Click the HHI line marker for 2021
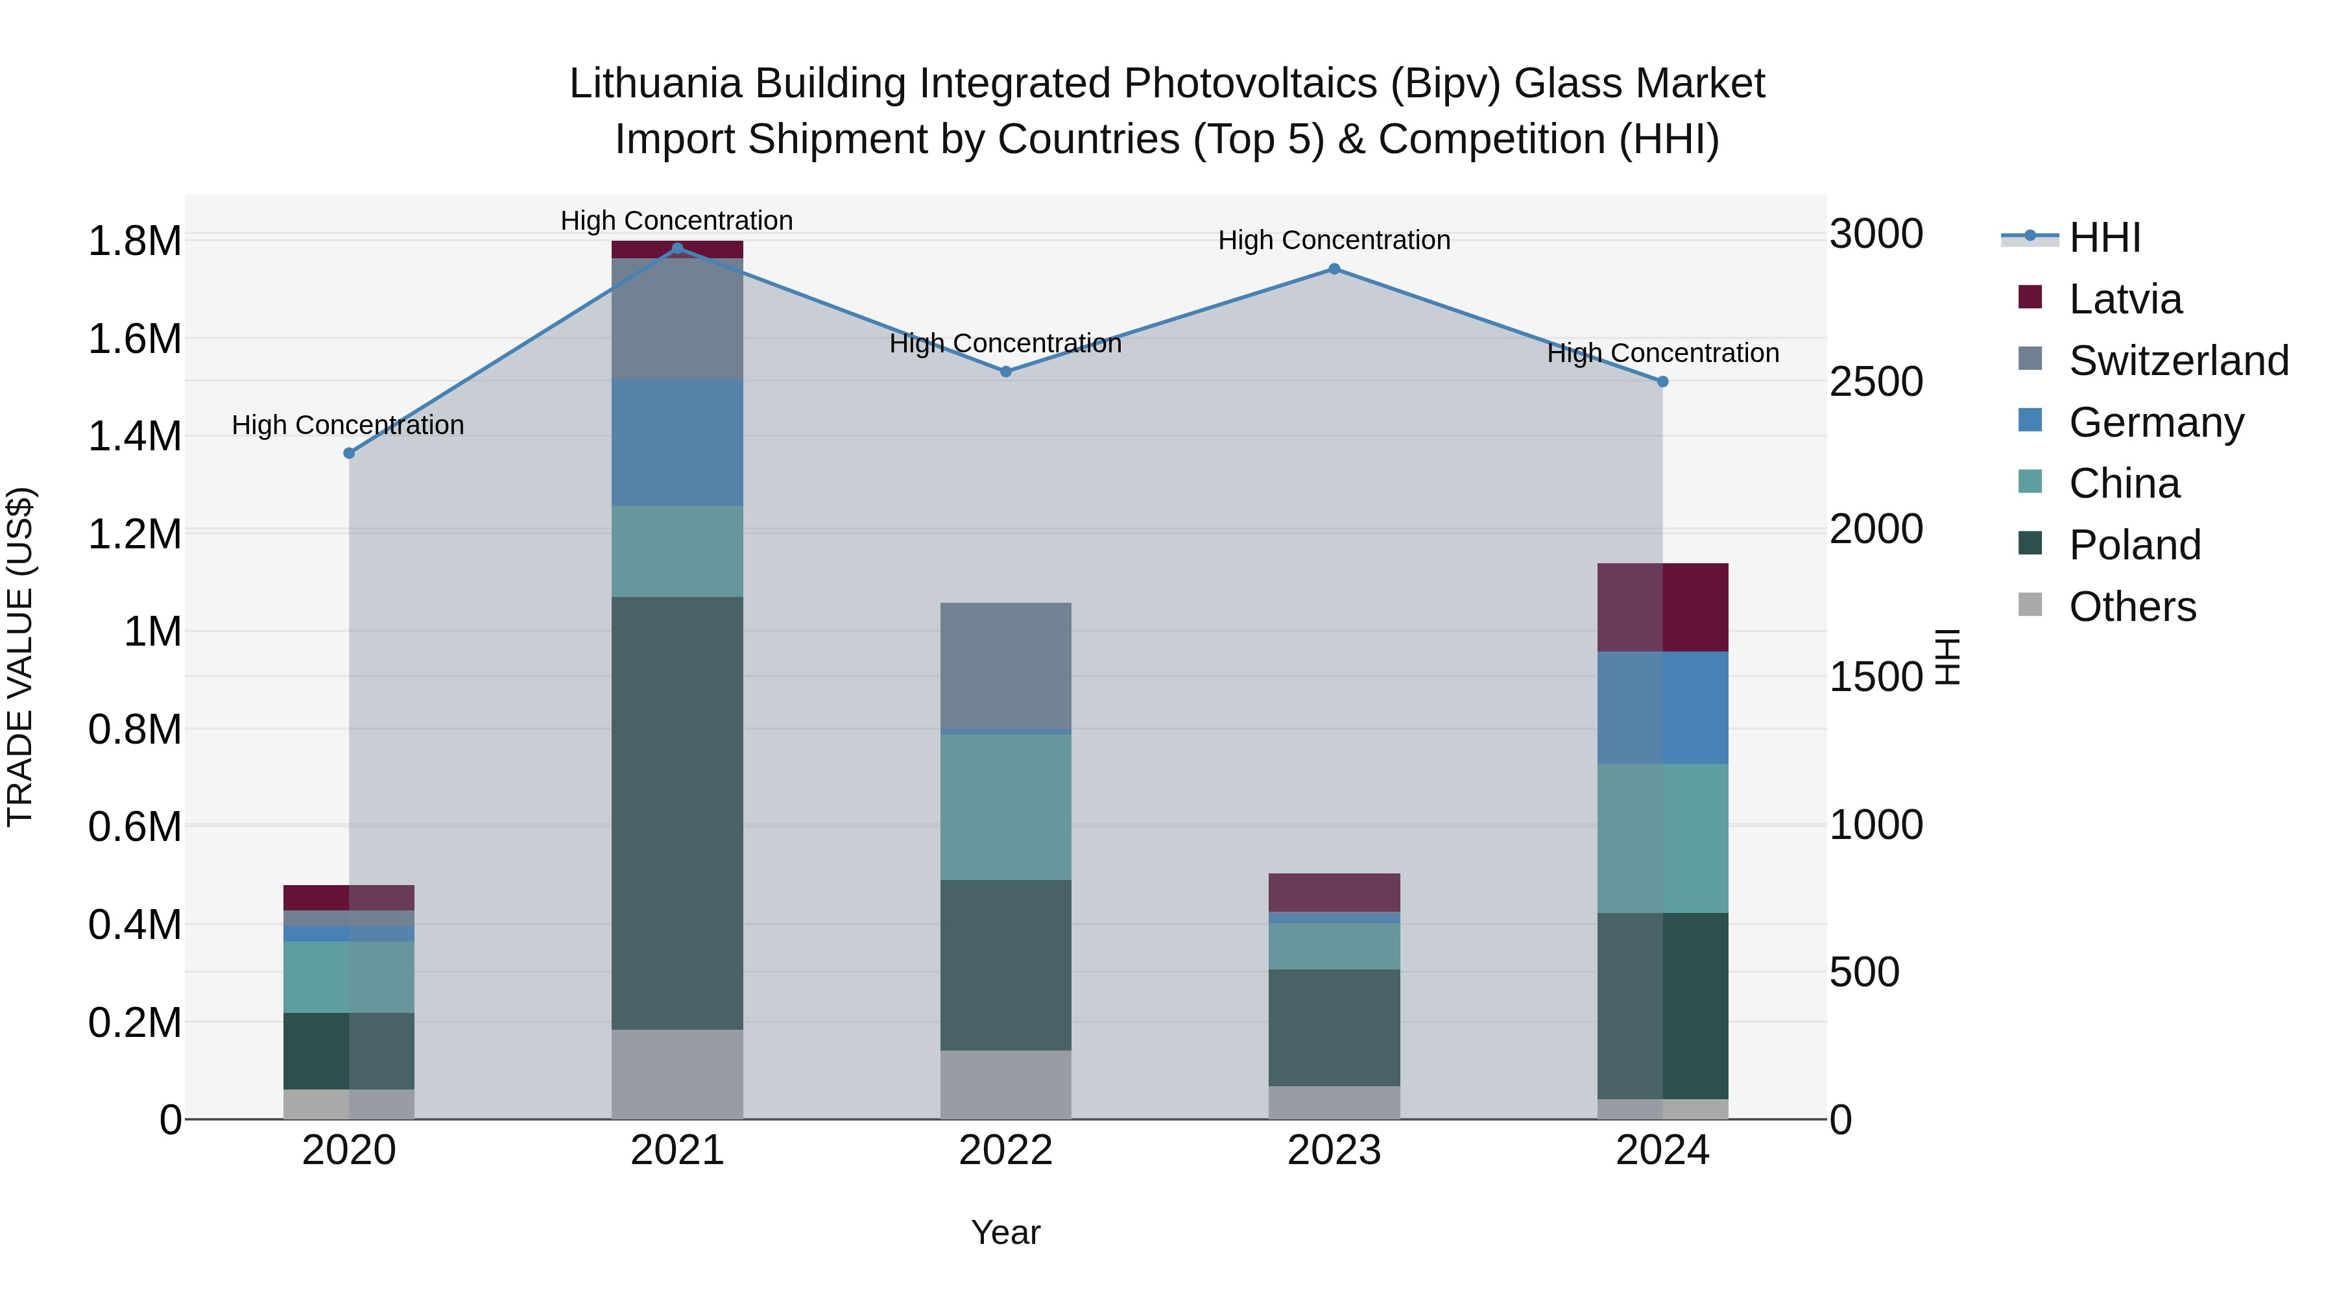(x=677, y=249)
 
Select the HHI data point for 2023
(x=1334, y=269)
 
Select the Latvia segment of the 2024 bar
(x=1662, y=607)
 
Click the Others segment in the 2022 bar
(x=1005, y=1084)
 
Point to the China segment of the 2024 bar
(x=1662, y=837)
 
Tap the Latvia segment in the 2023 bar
(x=1334, y=892)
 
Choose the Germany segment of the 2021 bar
(x=677, y=443)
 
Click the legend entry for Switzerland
(x=2178, y=361)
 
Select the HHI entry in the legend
(x=2104, y=237)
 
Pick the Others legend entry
(x=2132, y=607)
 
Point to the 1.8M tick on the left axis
(x=134, y=242)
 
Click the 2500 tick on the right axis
(x=1875, y=382)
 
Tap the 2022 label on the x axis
(x=1005, y=1150)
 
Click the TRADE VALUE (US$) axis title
(x=20, y=657)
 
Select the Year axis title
(x=1005, y=1232)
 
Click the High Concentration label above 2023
(x=1334, y=240)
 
